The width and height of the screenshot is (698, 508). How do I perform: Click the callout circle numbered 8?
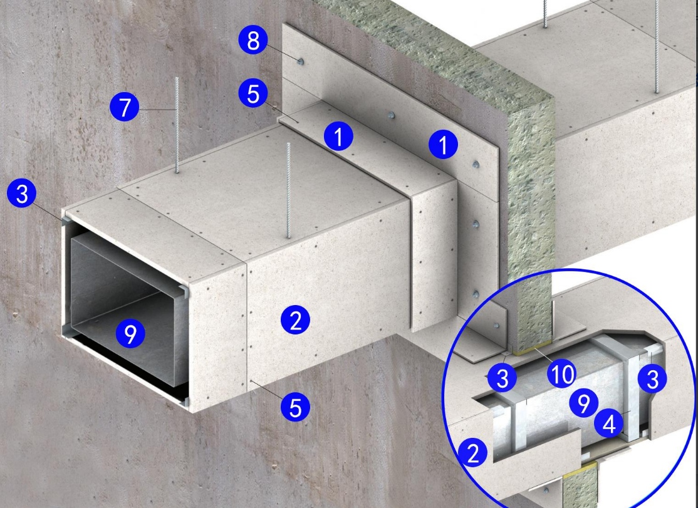(253, 40)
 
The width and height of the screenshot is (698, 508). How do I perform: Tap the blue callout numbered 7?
(125, 106)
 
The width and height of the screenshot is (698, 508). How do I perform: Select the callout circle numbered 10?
(562, 374)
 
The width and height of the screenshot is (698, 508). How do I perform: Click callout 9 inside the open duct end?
(130, 333)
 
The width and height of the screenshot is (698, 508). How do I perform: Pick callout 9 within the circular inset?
(583, 403)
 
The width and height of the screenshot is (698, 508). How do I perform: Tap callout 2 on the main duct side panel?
(296, 320)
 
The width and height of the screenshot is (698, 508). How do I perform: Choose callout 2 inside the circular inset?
(473, 452)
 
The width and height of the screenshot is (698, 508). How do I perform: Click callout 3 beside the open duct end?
(22, 193)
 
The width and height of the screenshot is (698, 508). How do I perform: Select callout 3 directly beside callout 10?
(502, 378)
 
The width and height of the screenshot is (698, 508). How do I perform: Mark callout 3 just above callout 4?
(652, 379)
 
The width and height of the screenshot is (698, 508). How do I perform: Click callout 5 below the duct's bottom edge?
(296, 407)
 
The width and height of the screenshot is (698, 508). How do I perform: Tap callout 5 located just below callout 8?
(253, 93)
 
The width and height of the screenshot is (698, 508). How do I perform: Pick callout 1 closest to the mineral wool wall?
(443, 145)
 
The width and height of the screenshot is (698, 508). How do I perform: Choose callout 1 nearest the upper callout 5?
(338, 136)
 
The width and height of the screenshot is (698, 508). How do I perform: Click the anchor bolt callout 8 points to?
(301, 61)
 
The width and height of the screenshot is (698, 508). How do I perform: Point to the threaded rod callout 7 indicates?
(177, 125)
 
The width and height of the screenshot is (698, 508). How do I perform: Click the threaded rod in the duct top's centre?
(288, 190)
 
